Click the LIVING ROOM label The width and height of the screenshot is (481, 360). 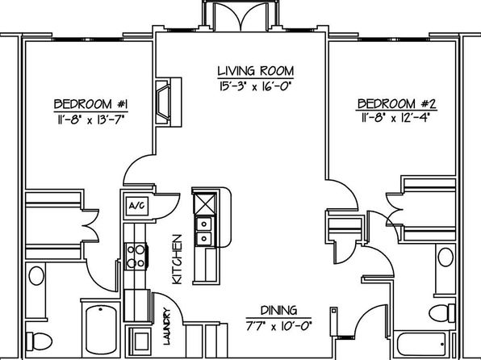256,70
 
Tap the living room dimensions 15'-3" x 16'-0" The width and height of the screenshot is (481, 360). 254,86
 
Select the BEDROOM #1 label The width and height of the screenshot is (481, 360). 91,104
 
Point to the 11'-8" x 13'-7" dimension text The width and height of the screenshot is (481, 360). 91,119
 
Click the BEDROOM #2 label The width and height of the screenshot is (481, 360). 397,104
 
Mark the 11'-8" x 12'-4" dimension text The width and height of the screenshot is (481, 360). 395,118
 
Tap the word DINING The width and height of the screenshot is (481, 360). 279,311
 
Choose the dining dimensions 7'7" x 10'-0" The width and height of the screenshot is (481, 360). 278,325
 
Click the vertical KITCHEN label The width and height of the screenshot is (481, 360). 177,259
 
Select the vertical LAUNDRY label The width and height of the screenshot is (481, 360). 166,326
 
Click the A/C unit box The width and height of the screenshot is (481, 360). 137,206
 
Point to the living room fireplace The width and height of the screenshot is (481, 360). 169,102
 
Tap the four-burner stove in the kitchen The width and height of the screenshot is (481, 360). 136,256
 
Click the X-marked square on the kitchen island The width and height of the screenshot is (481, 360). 205,203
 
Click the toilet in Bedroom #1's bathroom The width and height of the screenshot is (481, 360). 39,341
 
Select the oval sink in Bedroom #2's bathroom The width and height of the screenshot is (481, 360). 445,257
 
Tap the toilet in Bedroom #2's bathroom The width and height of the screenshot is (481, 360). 441,313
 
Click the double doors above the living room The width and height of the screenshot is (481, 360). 241,17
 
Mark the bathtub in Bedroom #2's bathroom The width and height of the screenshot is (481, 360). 421,344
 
